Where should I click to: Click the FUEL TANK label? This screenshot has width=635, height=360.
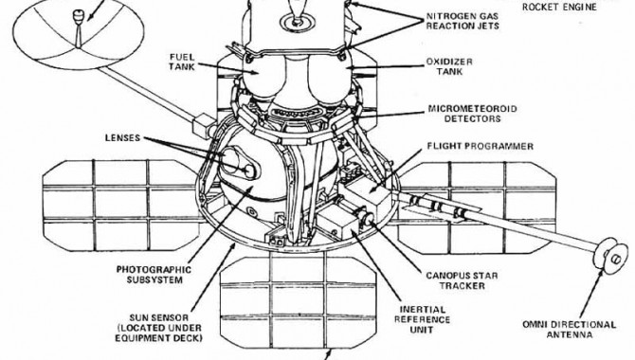click(x=182, y=62)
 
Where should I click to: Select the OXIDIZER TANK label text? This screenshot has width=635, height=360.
click(x=449, y=66)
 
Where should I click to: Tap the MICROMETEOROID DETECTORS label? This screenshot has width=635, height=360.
click(x=472, y=114)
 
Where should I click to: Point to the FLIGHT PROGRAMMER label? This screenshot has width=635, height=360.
click(x=480, y=146)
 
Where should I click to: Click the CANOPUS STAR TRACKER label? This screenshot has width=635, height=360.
click(x=462, y=280)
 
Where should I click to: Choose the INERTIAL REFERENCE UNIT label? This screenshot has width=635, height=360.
click(x=422, y=319)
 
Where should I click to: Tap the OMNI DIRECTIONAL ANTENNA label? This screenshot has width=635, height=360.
click(x=569, y=330)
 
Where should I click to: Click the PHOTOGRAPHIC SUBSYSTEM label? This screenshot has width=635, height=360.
click(x=154, y=275)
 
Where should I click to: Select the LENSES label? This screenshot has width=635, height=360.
click(x=122, y=137)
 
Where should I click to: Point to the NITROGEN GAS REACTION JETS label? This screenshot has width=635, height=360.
click(x=463, y=21)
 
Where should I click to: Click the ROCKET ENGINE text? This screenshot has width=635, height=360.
click(x=559, y=7)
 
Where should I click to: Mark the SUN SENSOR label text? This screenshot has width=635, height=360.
click(x=158, y=328)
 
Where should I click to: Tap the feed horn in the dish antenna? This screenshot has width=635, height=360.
click(x=78, y=17)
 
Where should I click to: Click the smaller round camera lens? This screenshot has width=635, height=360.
click(x=251, y=171)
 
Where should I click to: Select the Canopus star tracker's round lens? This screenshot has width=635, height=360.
click(x=368, y=219)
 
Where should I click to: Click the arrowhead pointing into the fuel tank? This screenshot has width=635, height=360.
click(x=254, y=72)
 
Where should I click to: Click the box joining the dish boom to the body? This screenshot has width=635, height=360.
click(x=204, y=126)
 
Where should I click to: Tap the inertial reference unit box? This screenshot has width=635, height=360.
click(x=336, y=224)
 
